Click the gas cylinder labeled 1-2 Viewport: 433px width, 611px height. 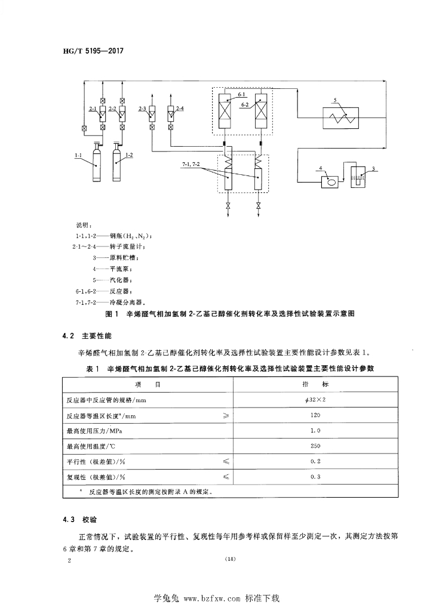(x=117, y=164)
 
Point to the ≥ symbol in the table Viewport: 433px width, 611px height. (x=226, y=415)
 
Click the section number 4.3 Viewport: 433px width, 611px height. (x=67, y=519)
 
